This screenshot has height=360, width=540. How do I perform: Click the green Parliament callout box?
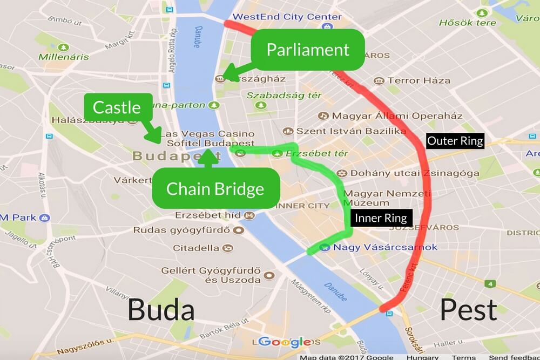pyautogui.click(x=308, y=50)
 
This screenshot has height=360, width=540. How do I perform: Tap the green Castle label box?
pyautogui.click(x=117, y=107)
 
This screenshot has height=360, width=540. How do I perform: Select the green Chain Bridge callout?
pyautogui.click(x=215, y=188)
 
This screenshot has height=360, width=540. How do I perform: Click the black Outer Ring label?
pyautogui.click(x=455, y=141)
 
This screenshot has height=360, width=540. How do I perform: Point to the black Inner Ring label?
pyautogui.click(x=380, y=219)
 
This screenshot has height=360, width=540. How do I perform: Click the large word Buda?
pyautogui.click(x=160, y=310)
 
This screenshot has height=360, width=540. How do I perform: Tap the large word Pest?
pyautogui.click(x=468, y=310)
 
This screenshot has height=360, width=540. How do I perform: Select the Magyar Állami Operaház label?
pyautogui.click(x=397, y=116)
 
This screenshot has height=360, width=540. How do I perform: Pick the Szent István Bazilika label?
pyautogui.click(x=351, y=131)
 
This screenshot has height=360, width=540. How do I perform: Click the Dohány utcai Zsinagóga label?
pyautogui.click(x=415, y=173)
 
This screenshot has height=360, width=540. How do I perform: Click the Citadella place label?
pyautogui.click(x=195, y=248)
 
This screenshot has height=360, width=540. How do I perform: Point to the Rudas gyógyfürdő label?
pyautogui.click(x=181, y=230)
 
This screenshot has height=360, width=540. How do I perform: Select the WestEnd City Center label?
pyautogui.click(x=287, y=17)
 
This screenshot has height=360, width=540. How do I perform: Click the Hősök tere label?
pyautogui.click(x=468, y=23)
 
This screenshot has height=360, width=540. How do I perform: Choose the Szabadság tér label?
pyautogui.click(x=284, y=96)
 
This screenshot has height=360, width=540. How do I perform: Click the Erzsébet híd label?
pyautogui.click(x=207, y=215)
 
